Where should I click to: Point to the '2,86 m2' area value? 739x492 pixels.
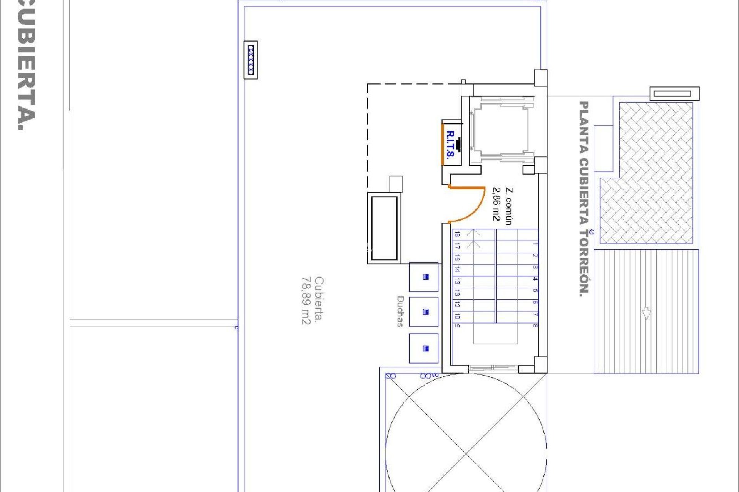pyautogui.click(x=497, y=204)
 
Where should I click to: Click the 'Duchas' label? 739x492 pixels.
pyautogui.click(x=400, y=311)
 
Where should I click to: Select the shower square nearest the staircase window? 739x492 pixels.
pyautogui.click(x=424, y=349)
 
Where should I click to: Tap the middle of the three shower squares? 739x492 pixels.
pyautogui.click(x=424, y=312)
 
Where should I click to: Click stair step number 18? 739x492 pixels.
pyautogui.click(x=457, y=234)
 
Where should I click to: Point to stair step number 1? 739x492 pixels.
pyautogui.click(x=535, y=244)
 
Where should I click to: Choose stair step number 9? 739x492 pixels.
pyautogui.click(x=457, y=326)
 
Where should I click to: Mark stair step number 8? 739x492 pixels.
pyautogui.click(x=535, y=326)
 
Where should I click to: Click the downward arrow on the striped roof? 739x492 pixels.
pyautogui.click(x=646, y=313)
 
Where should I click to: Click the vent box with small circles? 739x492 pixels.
pyautogui.click(x=251, y=60)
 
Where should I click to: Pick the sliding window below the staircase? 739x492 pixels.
pyautogui.click(x=493, y=368)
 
